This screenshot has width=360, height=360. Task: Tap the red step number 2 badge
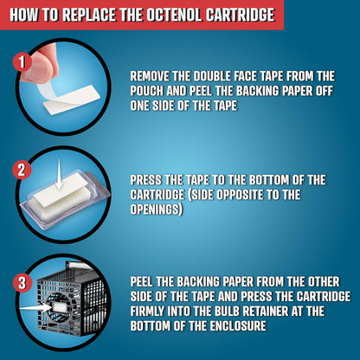tap(22, 170)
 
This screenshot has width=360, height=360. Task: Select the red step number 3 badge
tap(22, 282)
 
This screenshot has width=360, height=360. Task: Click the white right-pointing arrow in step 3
tap(35, 308)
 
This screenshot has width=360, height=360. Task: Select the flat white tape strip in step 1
tap(72, 100)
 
